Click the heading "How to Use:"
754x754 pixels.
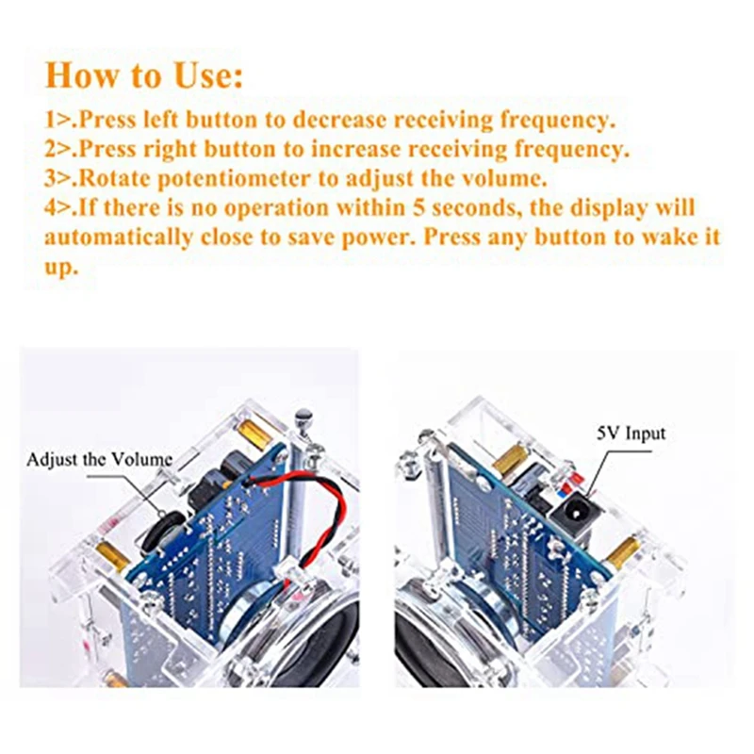click(144, 76)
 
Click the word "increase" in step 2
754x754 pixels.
click(356, 149)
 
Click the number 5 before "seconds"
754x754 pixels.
click(418, 208)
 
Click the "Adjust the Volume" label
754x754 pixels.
click(99, 459)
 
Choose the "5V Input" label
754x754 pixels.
click(631, 434)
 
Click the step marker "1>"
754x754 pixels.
click(60, 121)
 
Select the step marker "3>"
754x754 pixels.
click(60, 179)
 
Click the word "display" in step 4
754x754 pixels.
click(609, 209)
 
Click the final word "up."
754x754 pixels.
click(61, 268)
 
